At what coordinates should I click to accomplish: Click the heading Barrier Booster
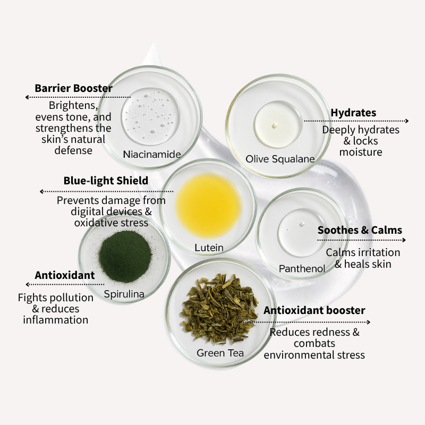click(x=73, y=88)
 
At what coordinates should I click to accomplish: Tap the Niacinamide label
click(x=152, y=155)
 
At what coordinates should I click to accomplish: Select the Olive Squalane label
click(x=280, y=159)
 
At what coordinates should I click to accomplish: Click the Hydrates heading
click(x=353, y=113)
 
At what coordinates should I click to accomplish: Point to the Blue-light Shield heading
click(x=106, y=181)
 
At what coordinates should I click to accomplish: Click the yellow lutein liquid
click(x=208, y=206)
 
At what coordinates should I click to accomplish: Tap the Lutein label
click(x=209, y=248)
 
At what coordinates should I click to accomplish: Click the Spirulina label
click(x=124, y=293)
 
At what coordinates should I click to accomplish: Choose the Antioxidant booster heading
click(x=314, y=310)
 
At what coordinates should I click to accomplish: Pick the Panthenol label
click(x=302, y=269)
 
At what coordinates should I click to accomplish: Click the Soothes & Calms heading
click(x=360, y=230)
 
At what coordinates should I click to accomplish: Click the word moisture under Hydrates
click(x=361, y=152)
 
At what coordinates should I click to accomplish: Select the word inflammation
click(x=55, y=320)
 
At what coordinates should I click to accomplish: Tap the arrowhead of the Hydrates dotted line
click(x=407, y=121)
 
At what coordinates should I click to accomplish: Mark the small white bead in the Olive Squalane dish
click(x=275, y=125)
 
